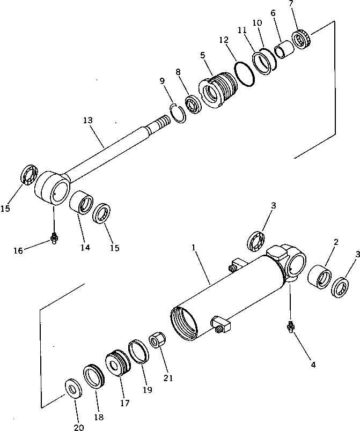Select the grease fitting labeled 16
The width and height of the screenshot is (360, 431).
pyautogui.click(x=54, y=237)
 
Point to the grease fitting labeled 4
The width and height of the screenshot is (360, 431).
pyautogui.click(x=290, y=326)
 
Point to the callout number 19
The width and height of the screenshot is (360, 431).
pyautogui.click(x=148, y=390)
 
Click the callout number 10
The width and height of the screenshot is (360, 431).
pyautogui.click(x=258, y=23)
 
